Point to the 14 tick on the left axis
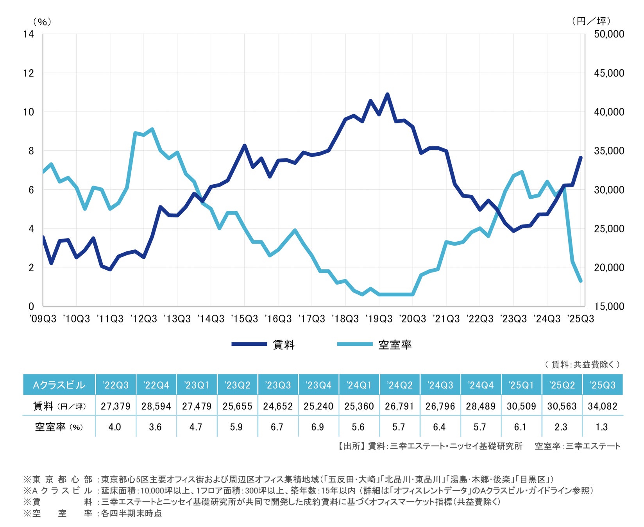pos(29,34)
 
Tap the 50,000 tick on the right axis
pos(609,34)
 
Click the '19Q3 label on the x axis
pos(379,319)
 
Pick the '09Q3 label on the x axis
pos(43,319)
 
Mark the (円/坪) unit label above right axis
pos(591,21)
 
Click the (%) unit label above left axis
pos(42,21)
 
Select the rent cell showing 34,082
pos(602,406)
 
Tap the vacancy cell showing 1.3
pos(602,427)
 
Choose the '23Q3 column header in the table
pos(278,385)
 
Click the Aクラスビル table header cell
pos(59,385)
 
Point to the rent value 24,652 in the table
pos(278,406)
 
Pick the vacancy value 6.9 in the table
pos(318,427)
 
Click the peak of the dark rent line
pos(387,94)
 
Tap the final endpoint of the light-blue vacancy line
pos(581,281)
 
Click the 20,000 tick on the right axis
pos(609,267)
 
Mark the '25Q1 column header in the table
pos(521,385)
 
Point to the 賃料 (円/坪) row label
pos(59,406)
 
